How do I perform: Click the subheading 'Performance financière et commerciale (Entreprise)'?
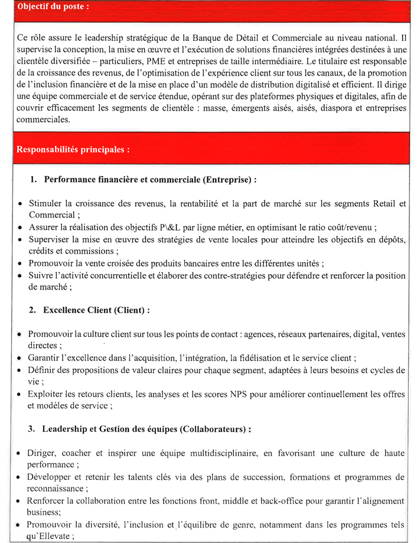(147, 178)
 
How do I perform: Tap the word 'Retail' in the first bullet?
(384, 204)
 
